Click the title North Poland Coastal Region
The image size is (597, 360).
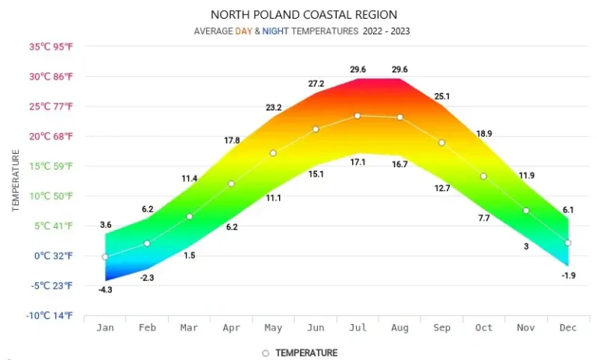[x=304, y=15]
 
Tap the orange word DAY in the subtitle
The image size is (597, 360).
[x=244, y=31]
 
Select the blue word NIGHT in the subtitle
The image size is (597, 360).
[x=277, y=31]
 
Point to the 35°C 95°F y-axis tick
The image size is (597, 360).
[x=51, y=47]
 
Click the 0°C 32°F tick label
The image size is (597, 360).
[x=54, y=256]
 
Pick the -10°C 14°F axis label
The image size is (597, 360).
[x=51, y=316]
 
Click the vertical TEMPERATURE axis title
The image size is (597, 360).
[x=16, y=181]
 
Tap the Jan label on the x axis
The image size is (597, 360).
[x=105, y=328]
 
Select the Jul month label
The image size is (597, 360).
[x=358, y=328]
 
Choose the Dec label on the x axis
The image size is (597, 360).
[x=568, y=328]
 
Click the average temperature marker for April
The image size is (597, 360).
[x=231, y=183]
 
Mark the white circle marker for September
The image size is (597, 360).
[x=442, y=142]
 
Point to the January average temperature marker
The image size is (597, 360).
[x=105, y=257]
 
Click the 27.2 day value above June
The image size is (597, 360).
[x=316, y=82]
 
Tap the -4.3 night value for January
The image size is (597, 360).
[x=106, y=290]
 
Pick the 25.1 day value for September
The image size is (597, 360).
[x=442, y=96]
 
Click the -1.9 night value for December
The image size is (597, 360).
[x=568, y=276]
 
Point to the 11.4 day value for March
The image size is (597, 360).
[x=190, y=179]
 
